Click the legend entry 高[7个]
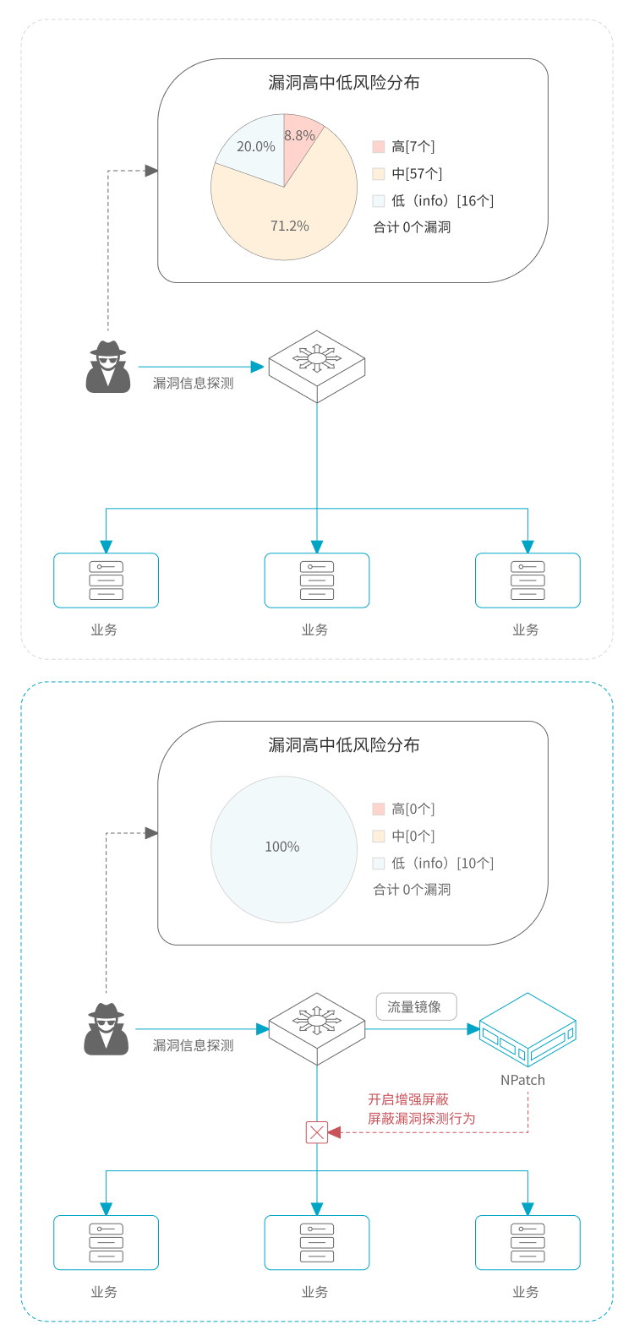(404, 147)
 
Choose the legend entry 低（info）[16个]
(433, 201)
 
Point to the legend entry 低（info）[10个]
(433, 864)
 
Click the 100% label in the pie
(282, 847)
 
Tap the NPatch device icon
(527, 1029)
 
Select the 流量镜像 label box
(414, 1007)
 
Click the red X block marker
(317, 1132)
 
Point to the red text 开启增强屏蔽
(408, 1099)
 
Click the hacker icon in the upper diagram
(108, 367)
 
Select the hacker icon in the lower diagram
(107, 1029)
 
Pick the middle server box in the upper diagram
(317, 581)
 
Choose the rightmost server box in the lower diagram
(527, 1243)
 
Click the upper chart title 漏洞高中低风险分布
(344, 83)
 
